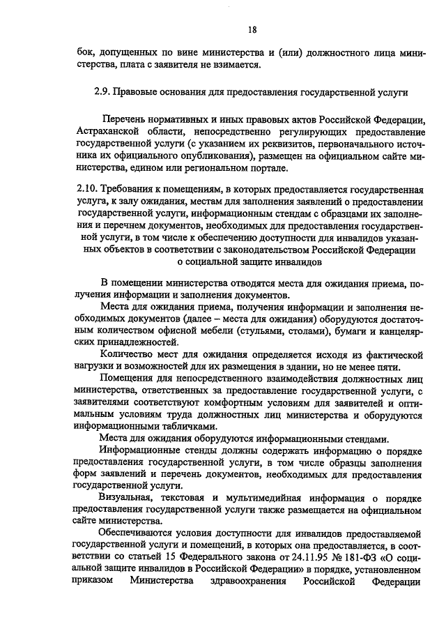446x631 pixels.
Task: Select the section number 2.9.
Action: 102,91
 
